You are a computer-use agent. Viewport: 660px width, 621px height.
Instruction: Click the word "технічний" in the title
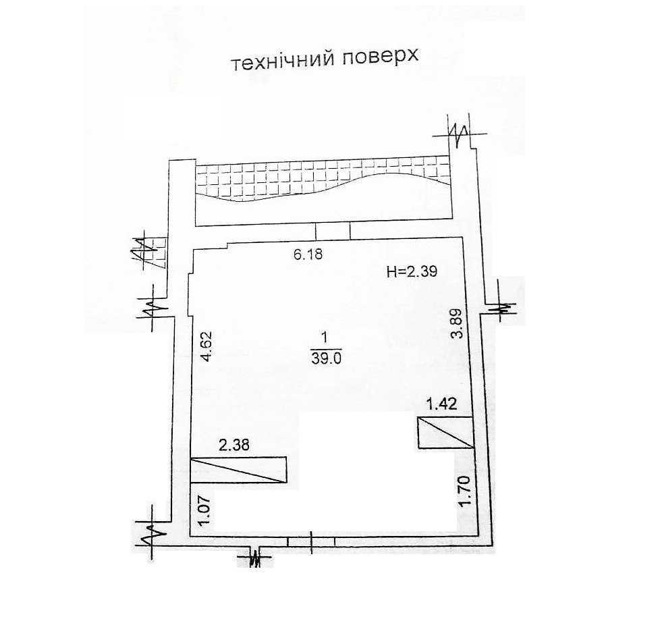click(x=283, y=61)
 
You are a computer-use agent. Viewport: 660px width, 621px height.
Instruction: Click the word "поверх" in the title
click(x=380, y=57)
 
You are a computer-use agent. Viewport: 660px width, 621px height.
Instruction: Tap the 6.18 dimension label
click(x=307, y=254)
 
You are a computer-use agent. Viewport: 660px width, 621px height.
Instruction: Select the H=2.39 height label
click(x=412, y=271)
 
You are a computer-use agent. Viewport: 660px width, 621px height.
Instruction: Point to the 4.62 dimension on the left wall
click(x=207, y=346)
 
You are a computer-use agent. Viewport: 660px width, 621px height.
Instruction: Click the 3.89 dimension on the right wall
click(x=457, y=323)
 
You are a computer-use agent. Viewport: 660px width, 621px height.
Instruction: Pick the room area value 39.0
click(x=326, y=358)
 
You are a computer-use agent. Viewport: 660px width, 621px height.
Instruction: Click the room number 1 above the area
click(x=324, y=337)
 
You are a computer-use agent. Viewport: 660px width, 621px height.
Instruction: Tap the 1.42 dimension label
click(x=441, y=404)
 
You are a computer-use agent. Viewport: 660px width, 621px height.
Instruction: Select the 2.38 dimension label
click(x=234, y=445)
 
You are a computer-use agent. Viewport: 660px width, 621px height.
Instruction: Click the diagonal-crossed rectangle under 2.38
click(x=238, y=469)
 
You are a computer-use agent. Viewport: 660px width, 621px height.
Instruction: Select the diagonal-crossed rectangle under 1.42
click(x=446, y=433)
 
